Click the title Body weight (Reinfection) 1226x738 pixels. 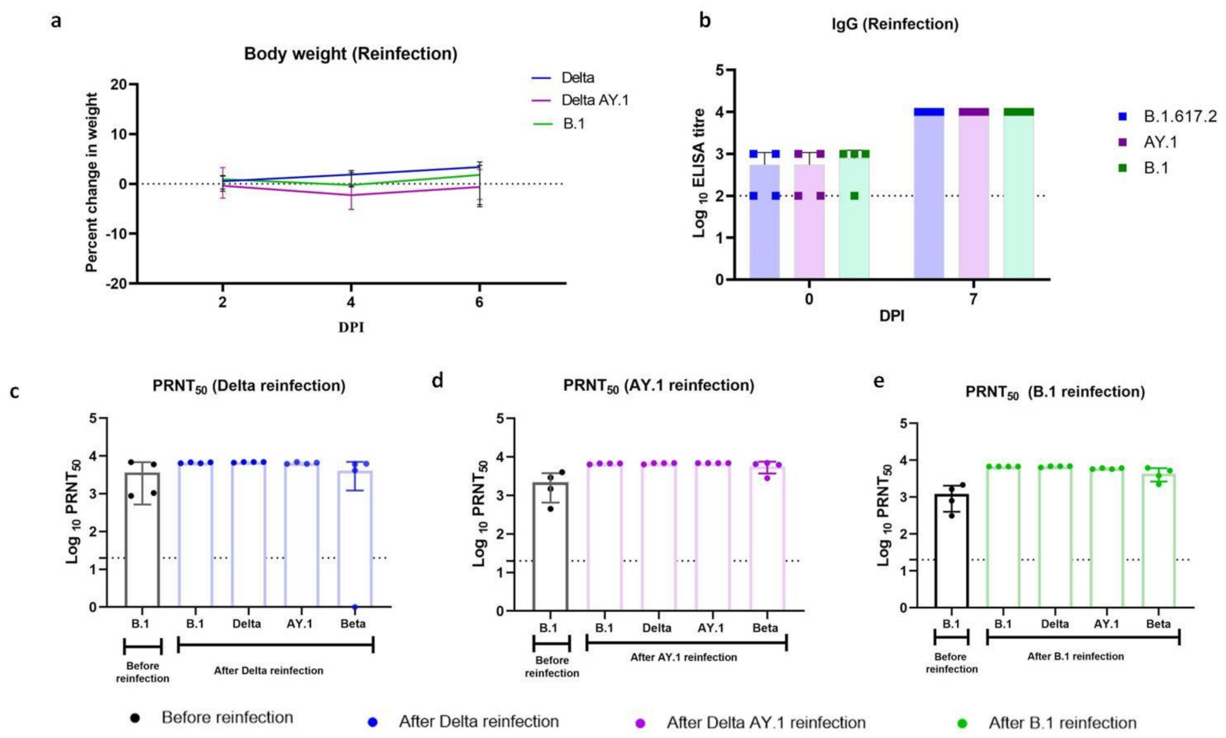[x=350, y=54]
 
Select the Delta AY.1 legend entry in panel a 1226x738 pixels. [x=595, y=100]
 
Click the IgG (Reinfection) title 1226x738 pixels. [x=895, y=24]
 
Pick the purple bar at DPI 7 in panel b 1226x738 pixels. [x=973, y=194]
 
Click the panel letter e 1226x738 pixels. [x=879, y=382]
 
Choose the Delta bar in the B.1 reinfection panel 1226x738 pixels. [x=1055, y=537]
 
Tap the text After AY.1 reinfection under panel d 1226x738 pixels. [x=683, y=657]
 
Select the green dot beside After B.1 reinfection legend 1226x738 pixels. [x=962, y=722]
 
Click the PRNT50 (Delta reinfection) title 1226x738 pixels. [x=249, y=386]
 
